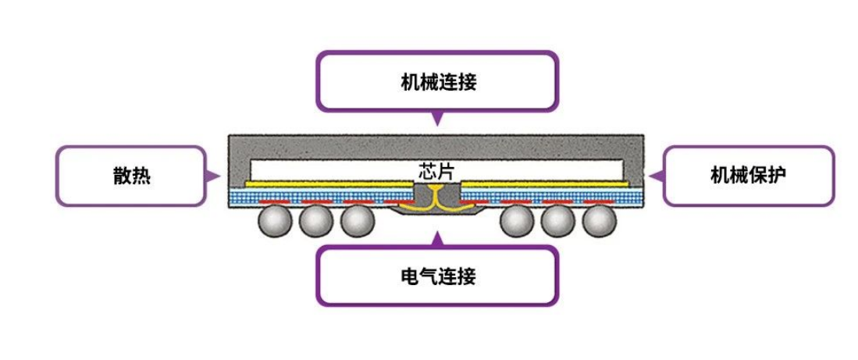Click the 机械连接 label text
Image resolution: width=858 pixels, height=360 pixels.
coord(437,82)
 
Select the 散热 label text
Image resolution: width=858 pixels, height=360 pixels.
coord(131,176)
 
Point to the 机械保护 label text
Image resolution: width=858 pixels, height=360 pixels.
coord(748,175)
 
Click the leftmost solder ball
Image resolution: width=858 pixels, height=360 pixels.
coord(275,222)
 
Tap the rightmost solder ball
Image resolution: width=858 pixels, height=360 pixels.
coord(600,222)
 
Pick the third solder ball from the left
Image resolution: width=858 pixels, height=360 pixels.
coord(358,222)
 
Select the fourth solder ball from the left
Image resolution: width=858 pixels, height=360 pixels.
coord(517,222)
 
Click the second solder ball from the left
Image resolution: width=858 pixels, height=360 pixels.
coord(316,222)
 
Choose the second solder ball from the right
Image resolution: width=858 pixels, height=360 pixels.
coord(558,222)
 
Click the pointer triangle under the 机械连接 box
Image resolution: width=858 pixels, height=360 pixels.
coord(437,119)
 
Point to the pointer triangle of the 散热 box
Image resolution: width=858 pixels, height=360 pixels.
coord(212,176)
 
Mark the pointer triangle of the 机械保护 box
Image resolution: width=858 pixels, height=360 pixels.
coord(658,176)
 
